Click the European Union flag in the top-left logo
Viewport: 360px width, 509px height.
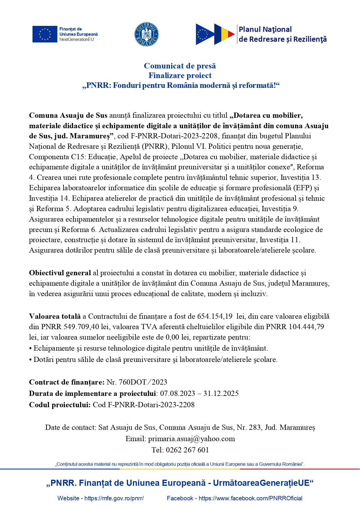coord(45,34)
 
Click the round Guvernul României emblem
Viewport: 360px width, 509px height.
coord(146,34)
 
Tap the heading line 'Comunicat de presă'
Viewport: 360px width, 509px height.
coord(180,66)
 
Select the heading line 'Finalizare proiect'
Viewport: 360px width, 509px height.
coord(180,75)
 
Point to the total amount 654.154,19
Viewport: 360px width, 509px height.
coord(215,316)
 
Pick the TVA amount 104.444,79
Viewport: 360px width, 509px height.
coord(306,327)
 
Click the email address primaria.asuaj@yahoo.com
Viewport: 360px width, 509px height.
coord(191,439)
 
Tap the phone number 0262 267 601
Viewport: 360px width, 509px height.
coord(187,450)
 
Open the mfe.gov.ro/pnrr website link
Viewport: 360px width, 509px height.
coord(114,498)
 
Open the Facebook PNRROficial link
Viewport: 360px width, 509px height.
coord(250,498)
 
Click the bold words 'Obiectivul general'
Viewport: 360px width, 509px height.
coord(60,273)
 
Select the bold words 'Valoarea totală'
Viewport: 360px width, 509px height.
coord(55,316)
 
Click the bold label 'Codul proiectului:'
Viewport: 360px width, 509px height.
coord(60,405)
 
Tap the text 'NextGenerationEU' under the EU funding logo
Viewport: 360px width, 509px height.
coord(77,39)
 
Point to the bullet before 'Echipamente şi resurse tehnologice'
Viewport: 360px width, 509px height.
coord(30,349)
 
